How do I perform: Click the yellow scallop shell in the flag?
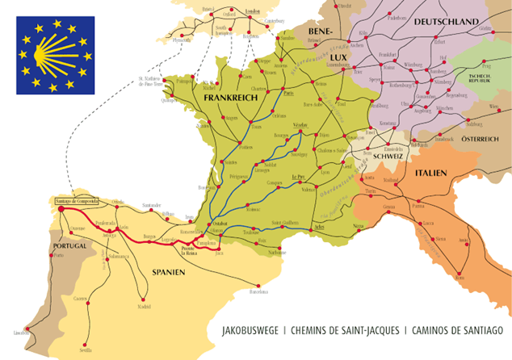(x=54, y=55)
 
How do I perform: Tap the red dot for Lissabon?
(x=27, y=329)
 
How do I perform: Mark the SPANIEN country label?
(x=168, y=272)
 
